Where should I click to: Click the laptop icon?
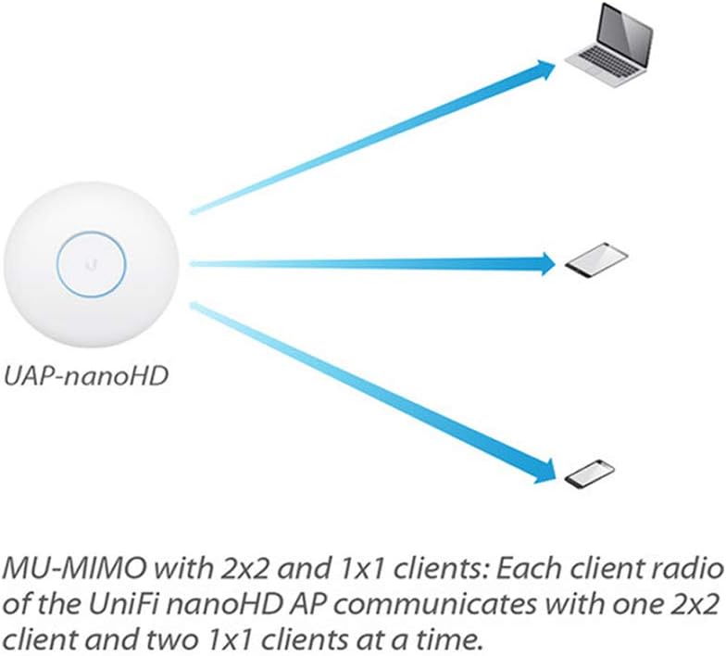608,45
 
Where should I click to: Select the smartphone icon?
590,474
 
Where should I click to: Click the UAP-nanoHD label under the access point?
85,376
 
